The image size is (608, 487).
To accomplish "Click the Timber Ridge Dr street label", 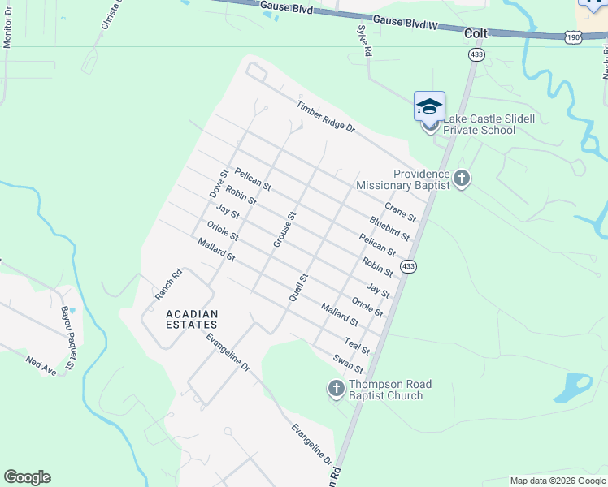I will coord(325,117).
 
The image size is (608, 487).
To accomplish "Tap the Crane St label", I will coord(400,213).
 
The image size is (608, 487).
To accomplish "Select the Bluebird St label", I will coord(389,228).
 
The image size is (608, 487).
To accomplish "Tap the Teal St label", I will coord(357,346).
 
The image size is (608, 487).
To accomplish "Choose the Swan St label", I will coord(348,364).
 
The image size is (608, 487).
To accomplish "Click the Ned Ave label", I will coord(41,366).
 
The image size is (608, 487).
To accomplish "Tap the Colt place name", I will coord(476,34).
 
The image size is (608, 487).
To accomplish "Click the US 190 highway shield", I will coord(573,37).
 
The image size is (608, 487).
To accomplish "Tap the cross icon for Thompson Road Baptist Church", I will coord(336,390).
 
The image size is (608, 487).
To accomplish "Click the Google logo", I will coord(27,477).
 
